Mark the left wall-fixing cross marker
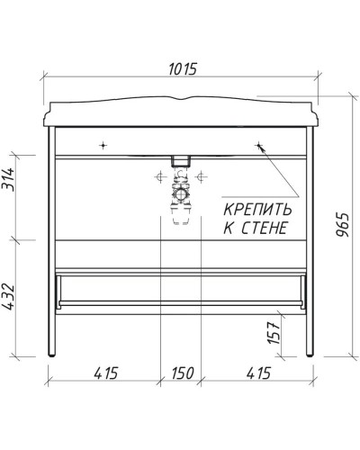[x=104, y=144]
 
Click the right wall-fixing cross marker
[x=259, y=144]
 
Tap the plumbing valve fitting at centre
[x=181, y=195]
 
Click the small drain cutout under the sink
[x=181, y=162]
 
